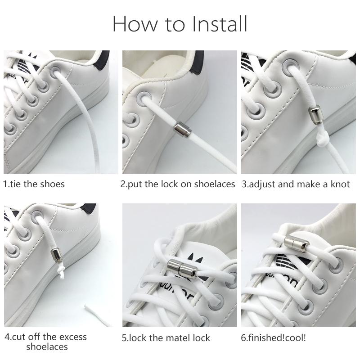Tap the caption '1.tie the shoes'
tap(34, 184)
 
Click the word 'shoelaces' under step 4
tap(47, 347)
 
